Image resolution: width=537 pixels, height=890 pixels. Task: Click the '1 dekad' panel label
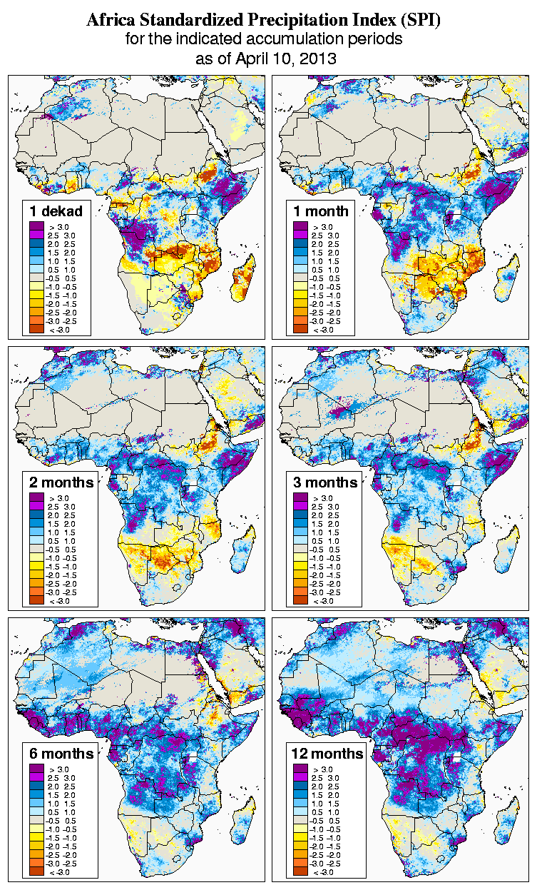tap(56, 211)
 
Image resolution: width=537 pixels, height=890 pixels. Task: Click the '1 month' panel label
tap(320, 211)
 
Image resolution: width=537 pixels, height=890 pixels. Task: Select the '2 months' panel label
tap(61, 482)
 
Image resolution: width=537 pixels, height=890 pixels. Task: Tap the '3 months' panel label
tap(325, 482)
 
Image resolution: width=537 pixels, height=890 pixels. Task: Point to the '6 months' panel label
tap(61, 754)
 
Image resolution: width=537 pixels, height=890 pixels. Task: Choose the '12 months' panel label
tap(328, 754)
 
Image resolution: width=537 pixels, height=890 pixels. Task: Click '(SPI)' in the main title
tap(421, 21)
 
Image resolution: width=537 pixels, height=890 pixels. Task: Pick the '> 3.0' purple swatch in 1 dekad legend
tap(35, 226)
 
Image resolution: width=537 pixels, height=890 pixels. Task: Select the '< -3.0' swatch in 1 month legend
tap(299, 329)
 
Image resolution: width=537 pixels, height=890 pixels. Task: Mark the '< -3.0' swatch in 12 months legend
tap(299, 872)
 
